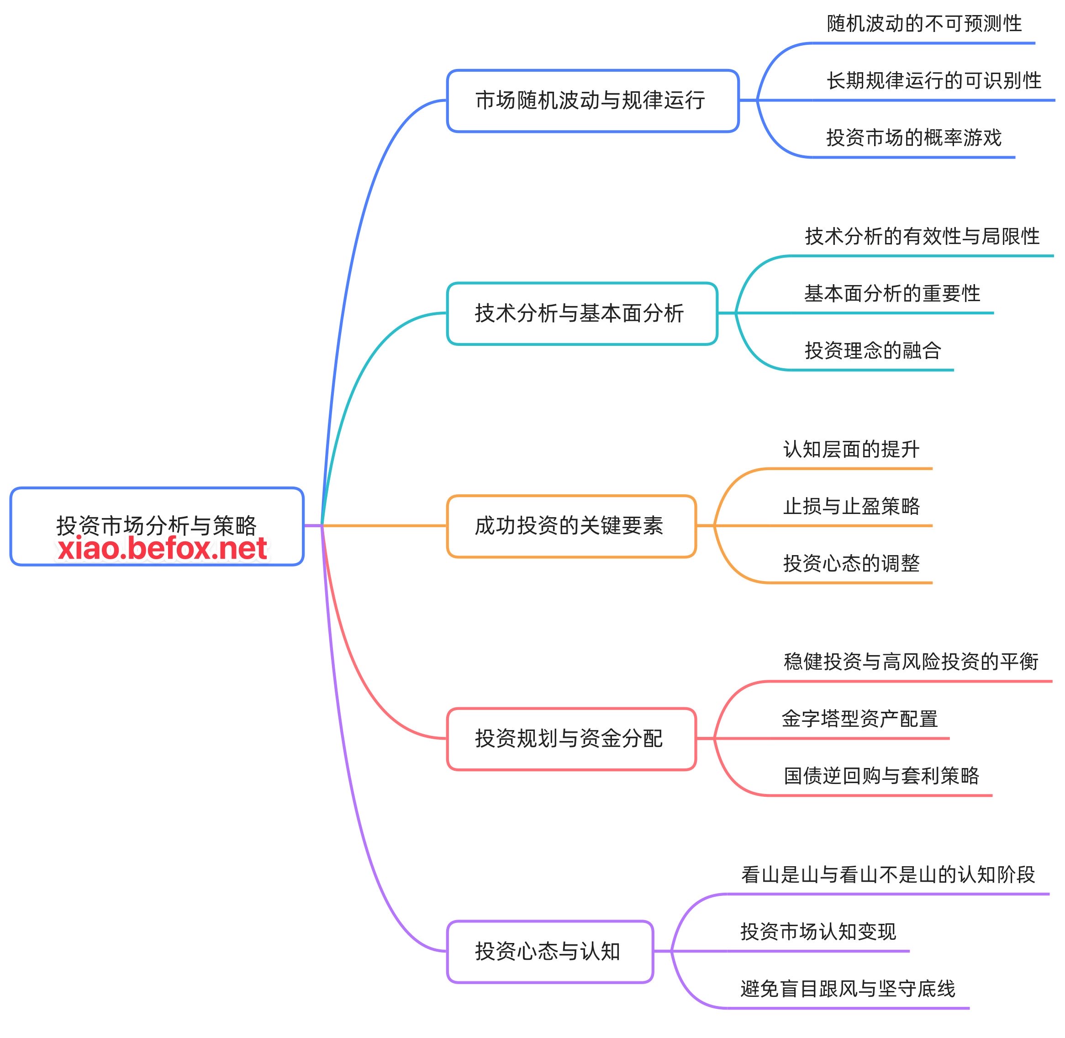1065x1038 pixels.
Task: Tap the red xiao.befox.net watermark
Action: click(163, 548)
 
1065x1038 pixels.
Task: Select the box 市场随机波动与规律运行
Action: click(592, 101)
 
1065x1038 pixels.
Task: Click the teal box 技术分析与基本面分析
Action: click(581, 313)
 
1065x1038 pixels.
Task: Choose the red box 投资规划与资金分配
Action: click(571, 739)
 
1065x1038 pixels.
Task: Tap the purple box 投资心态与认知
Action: click(549, 951)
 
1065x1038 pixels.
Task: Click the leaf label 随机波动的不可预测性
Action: click(924, 23)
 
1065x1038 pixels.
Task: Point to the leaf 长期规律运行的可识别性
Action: click(933, 81)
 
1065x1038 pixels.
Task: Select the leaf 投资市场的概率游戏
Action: click(913, 138)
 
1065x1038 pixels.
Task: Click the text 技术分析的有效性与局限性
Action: click(922, 236)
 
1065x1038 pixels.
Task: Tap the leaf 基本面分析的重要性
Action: click(892, 293)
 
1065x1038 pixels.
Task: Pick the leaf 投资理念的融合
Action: click(873, 350)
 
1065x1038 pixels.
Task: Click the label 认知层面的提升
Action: click(851, 449)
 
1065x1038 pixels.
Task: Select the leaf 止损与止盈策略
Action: click(851, 506)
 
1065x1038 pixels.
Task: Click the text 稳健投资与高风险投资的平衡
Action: click(911, 661)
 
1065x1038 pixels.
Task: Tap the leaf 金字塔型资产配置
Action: click(859, 719)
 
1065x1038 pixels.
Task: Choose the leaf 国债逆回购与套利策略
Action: click(881, 775)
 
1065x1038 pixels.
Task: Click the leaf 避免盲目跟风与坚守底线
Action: click(848, 988)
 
